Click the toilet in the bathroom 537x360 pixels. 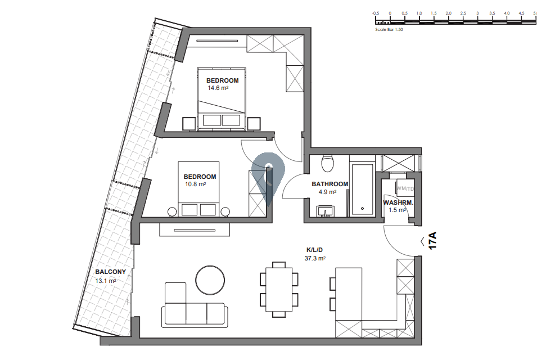pos(328,163)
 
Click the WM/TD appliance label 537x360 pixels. pos(405,189)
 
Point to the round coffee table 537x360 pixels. pos(210,280)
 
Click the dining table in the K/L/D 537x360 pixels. pos(279,290)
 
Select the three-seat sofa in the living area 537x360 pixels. pos(195,314)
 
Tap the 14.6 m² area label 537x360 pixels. pos(218,88)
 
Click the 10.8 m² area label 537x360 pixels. pos(195,184)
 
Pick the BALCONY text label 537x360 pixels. pos(111,272)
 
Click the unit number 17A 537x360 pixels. pos(432,240)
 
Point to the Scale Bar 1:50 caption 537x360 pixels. pos(389,29)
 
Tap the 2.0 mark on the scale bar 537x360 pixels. pos(448,13)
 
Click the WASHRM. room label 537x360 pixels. pos(398,202)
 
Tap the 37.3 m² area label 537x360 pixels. pos(315,259)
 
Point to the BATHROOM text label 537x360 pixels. pos(330,184)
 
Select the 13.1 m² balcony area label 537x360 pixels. pos(106,281)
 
